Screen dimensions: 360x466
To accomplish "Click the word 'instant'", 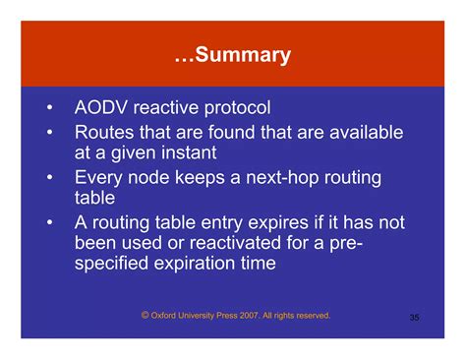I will tap(213, 153).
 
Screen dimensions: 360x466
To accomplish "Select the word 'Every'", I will tap(100, 178).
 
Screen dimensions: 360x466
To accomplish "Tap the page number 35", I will tap(414, 318).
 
